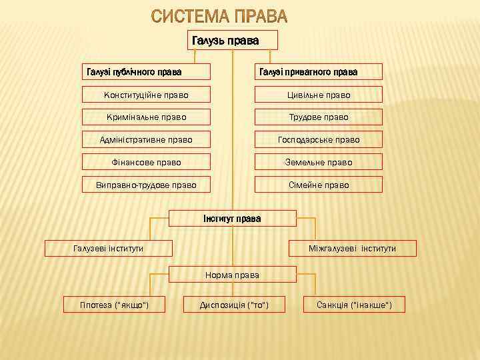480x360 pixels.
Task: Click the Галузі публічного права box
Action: click(x=146, y=71)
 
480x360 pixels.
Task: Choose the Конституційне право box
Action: click(x=146, y=95)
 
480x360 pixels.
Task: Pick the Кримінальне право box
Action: click(x=146, y=117)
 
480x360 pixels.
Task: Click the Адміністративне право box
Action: click(x=146, y=139)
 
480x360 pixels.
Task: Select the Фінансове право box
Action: click(x=146, y=162)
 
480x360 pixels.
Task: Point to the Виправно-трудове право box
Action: click(x=146, y=185)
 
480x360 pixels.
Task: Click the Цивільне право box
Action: click(x=319, y=95)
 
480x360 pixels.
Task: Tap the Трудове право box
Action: click(x=319, y=117)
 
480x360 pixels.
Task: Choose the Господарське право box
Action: click(x=319, y=139)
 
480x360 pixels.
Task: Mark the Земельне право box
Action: click(x=319, y=162)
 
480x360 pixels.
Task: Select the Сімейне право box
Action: click(x=319, y=185)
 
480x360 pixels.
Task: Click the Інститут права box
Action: click(x=232, y=219)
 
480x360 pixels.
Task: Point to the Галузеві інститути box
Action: click(x=108, y=248)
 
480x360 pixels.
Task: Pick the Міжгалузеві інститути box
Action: click(x=352, y=248)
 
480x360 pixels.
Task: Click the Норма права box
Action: click(x=232, y=275)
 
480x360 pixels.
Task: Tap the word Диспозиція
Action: click(x=222, y=305)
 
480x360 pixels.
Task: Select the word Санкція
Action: click(x=335, y=305)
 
